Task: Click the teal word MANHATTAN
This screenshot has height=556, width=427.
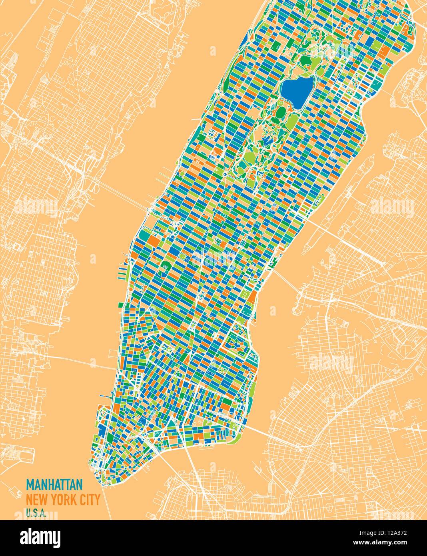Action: pyautogui.click(x=54, y=484)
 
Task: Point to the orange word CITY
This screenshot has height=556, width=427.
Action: pyautogui.click(x=90, y=500)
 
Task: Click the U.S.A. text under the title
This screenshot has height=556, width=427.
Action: pyautogui.click(x=36, y=512)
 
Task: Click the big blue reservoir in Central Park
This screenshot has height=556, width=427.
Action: pyautogui.click(x=296, y=90)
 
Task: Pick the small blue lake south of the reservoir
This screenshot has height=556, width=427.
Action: pyautogui.click(x=265, y=141)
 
